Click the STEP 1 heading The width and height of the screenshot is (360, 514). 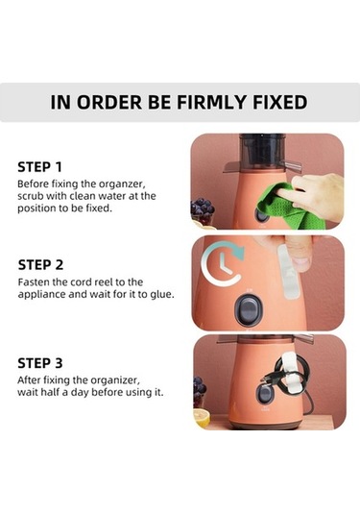pyautogui.click(x=39, y=167)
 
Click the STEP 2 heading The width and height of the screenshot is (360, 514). pyautogui.click(x=40, y=265)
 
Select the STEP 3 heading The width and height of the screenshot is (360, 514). pyautogui.click(x=40, y=363)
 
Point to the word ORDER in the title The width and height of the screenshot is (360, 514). pyautogui.click(x=109, y=102)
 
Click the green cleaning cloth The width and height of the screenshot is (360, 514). pyautogui.click(x=288, y=206)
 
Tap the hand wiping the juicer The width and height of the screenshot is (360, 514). pyautogui.click(x=315, y=194)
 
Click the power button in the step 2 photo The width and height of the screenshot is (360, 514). pyautogui.click(x=249, y=310)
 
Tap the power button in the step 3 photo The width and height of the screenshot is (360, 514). pyautogui.click(x=264, y=394)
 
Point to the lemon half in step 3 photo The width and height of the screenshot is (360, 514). pyautogui.click(x=202, y=419)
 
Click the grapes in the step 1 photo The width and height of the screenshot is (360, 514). pyautogui.click(x=202, y=208)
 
